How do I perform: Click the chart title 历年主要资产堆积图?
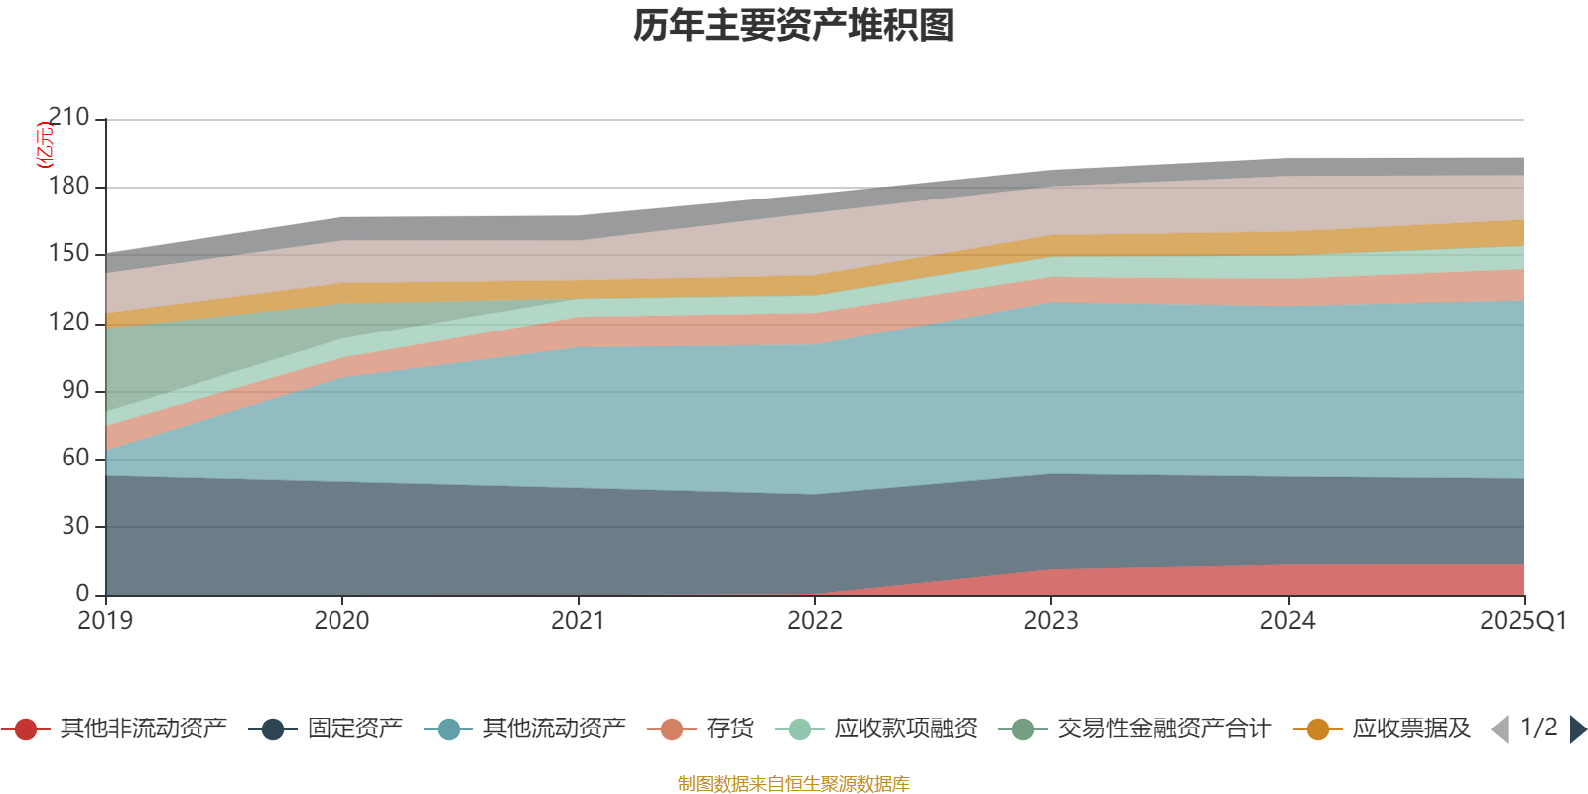tap(794, 26)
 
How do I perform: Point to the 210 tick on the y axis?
tap(68, 118)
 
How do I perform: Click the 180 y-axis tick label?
tap(68, 187)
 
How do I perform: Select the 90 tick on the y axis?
tap(75, 391)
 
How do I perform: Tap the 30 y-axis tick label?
tap(75, 526)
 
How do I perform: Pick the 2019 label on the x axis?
tap(105, 621)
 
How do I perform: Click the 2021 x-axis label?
tap(578, 621)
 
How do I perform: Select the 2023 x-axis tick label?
tap(1051, 621)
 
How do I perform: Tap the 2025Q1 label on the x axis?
tap(1522, 621)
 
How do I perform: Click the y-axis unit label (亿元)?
tap(44, 145)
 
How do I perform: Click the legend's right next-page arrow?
tap(1578, 729)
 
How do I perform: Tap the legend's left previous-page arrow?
tap(1500, 729)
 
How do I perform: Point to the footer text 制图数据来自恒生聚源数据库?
tap(794, 784)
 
